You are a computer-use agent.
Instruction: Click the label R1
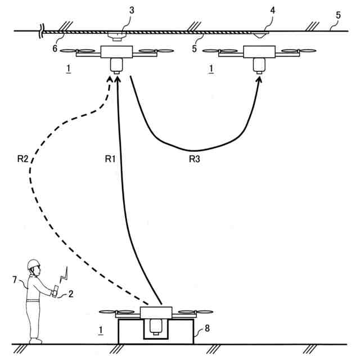pos(110,159)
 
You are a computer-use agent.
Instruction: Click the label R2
pos(22,159)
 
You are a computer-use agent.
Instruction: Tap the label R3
pos(195,159)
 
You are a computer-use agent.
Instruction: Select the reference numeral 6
pos(55,48)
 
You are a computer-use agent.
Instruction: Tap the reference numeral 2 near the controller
pos(71,293)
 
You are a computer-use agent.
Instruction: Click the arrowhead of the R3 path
pos(259,78)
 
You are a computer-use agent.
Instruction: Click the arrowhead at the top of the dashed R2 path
pos(110,79)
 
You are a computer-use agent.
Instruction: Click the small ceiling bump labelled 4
pos(260,35)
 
